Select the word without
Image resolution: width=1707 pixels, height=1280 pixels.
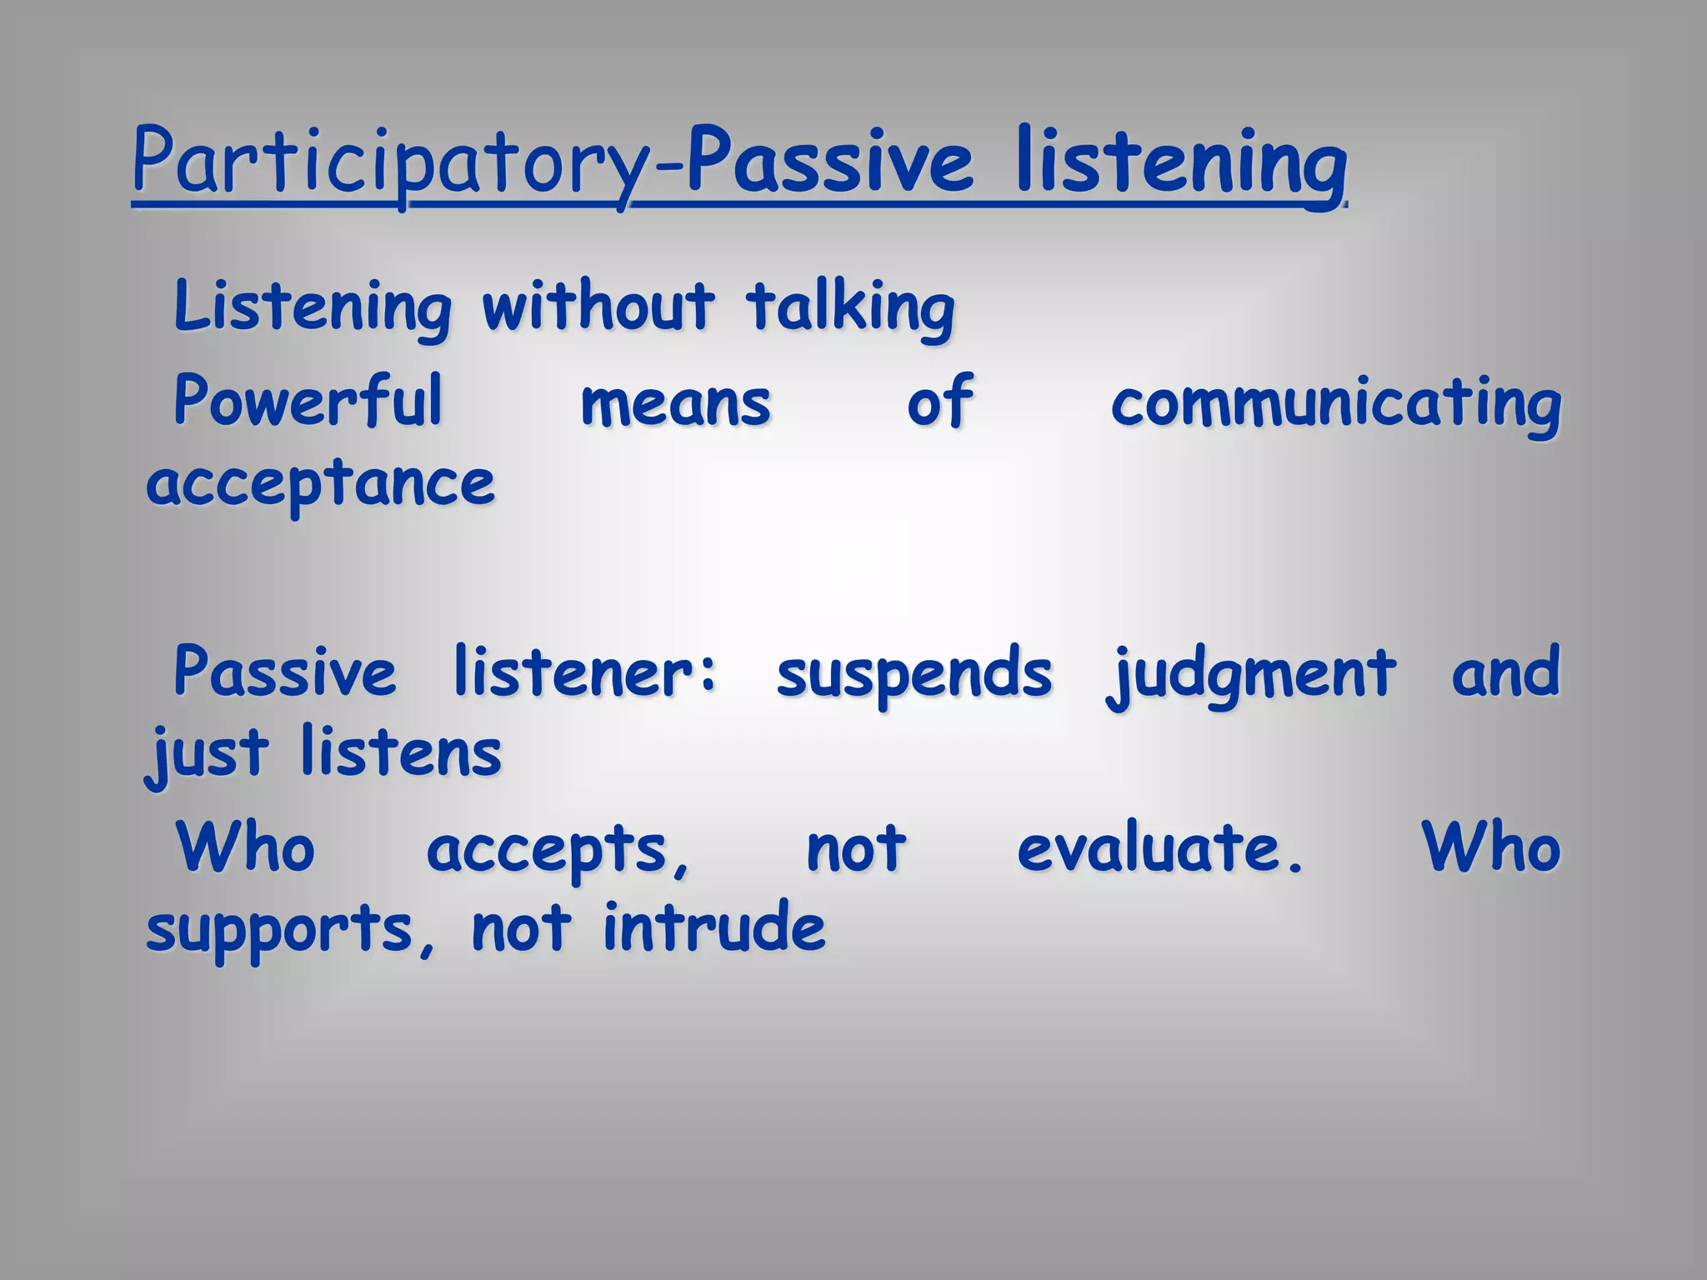click(x=598, y=307)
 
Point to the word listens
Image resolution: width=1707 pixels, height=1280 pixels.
click(x=401, y=752)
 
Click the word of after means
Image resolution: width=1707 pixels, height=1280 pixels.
click(x=940, y=402)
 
